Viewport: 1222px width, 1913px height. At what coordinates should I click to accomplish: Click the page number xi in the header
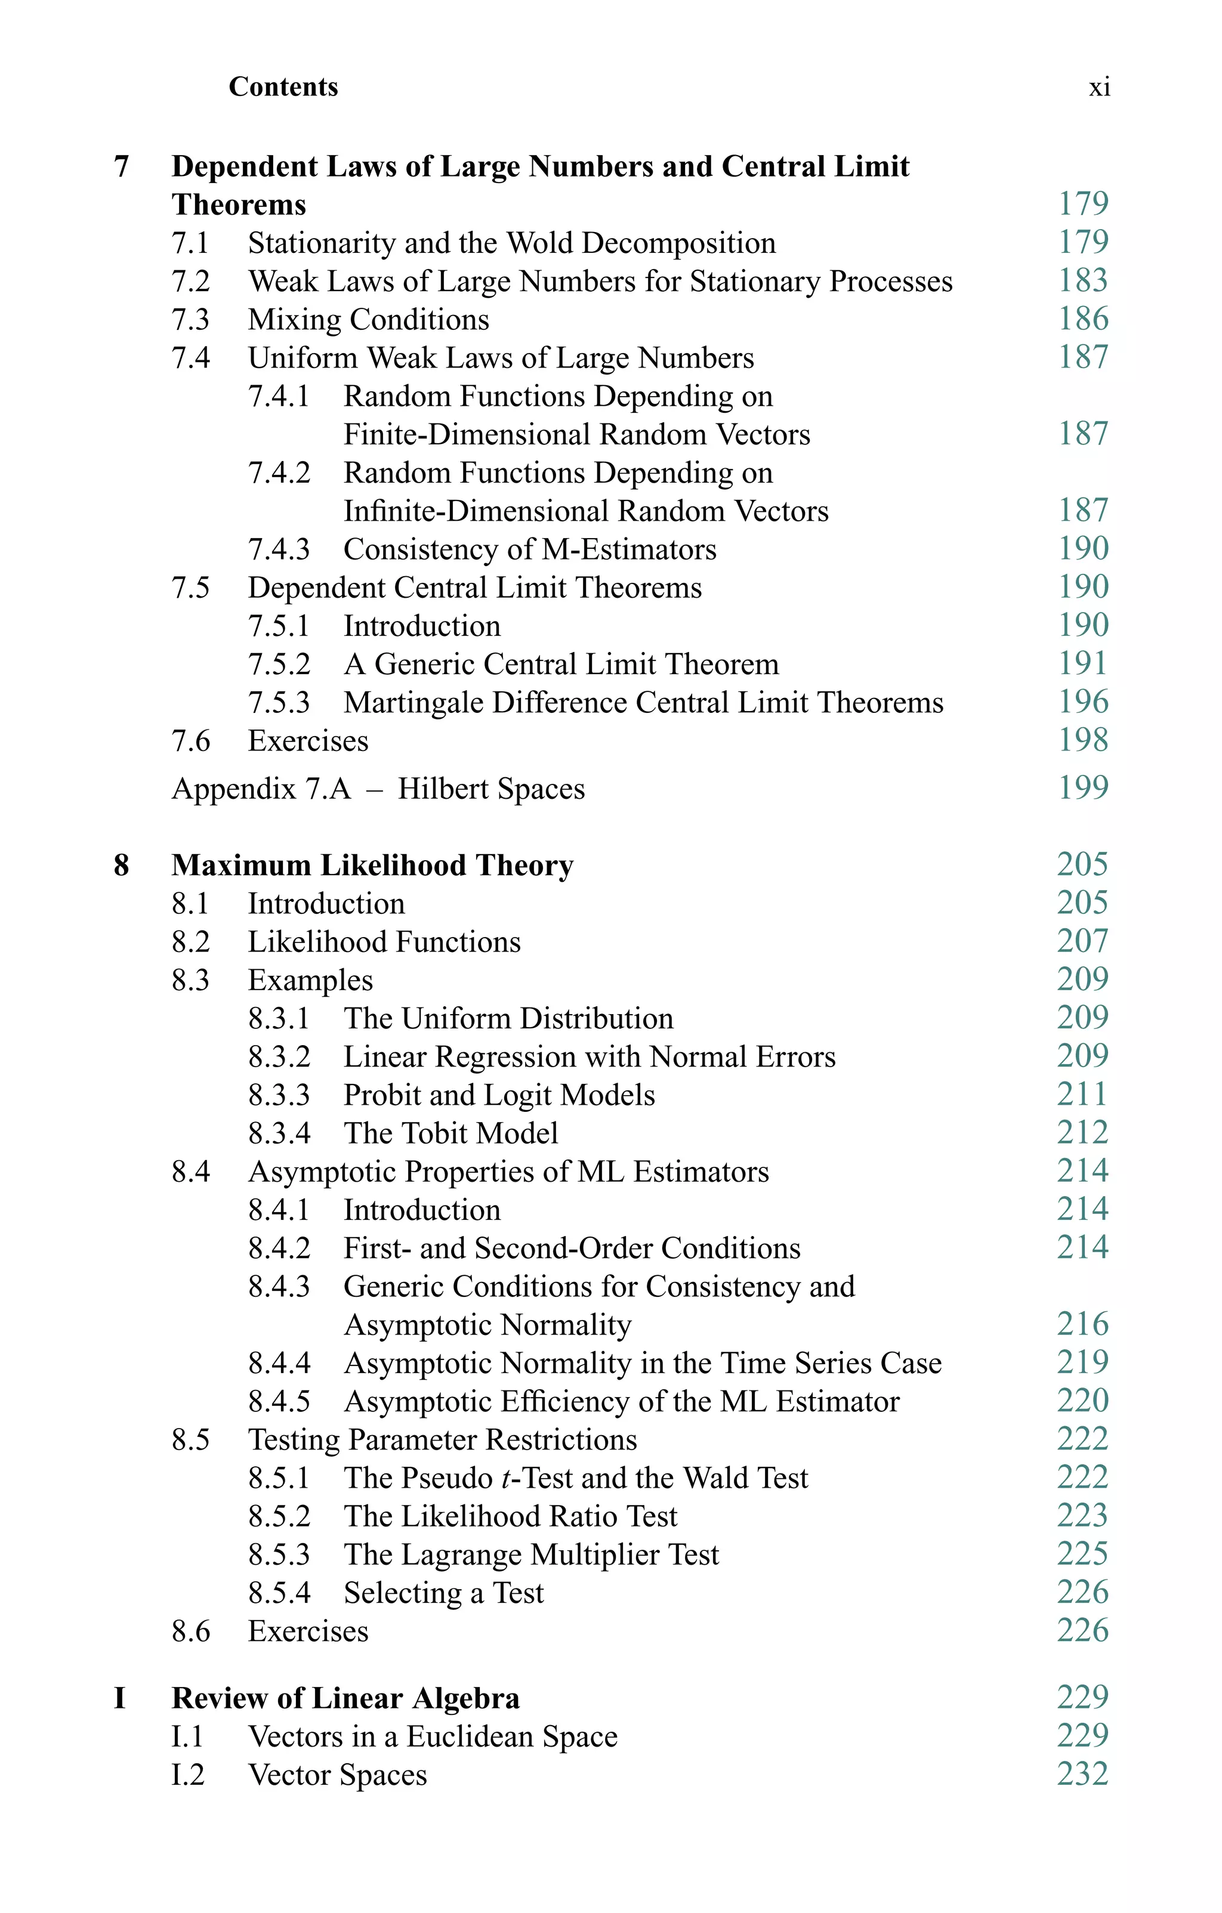(1099, 86)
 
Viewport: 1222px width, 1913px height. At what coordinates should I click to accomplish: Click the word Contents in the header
(283, 86)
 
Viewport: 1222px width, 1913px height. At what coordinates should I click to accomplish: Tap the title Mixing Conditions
(368, 319)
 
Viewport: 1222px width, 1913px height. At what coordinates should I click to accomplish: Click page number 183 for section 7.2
(1082, 280)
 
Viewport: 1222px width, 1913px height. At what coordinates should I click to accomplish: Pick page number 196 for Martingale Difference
(1082, 701)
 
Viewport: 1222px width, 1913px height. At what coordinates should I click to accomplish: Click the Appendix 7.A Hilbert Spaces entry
(378, 789)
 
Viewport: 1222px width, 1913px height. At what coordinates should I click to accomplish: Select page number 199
(1082, 788)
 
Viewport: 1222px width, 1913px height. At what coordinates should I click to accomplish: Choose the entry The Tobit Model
(450, 1133)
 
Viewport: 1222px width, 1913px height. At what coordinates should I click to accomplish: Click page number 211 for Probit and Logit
(1082, 1095)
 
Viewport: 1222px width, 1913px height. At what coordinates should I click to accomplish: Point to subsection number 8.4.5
(278, 1401)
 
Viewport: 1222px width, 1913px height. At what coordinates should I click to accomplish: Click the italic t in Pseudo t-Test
(506, 1478)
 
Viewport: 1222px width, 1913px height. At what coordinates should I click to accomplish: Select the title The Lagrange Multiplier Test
(531, 1554)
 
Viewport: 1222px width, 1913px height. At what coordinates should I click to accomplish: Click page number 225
(1082, 1554)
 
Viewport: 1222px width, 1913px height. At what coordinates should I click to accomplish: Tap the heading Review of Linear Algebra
(345, 1698)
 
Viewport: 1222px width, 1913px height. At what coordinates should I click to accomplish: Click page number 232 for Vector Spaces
(1082, 1774)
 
